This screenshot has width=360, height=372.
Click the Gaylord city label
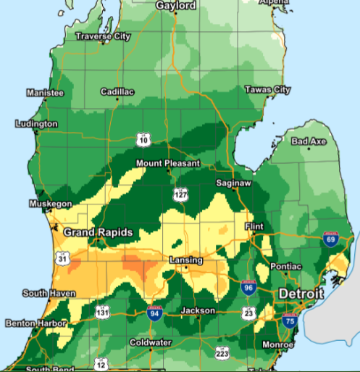(x=175, y=6)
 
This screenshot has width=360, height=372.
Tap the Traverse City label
(x=104, y=36)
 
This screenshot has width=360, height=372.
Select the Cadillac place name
(x=117, y=93)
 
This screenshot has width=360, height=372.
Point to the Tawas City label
(x=267, y=90)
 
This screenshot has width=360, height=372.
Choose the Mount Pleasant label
(x=167, y=164)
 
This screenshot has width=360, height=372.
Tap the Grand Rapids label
(x=98, y=233)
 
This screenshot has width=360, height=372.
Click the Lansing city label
(x=185, y=260)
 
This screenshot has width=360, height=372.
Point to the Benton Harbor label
(x=32, y=323)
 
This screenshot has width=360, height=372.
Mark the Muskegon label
(x=50, y=204)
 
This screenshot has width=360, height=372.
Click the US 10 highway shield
(x=144, y=139)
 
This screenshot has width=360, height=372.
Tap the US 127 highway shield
(x=180, y=194)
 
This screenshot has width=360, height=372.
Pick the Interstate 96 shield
(x=248, y=287)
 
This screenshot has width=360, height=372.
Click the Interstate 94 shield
(x=154, y=313)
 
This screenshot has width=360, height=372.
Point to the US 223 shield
(x=222, y=352)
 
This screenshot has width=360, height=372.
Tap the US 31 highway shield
(x=63, y=259)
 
